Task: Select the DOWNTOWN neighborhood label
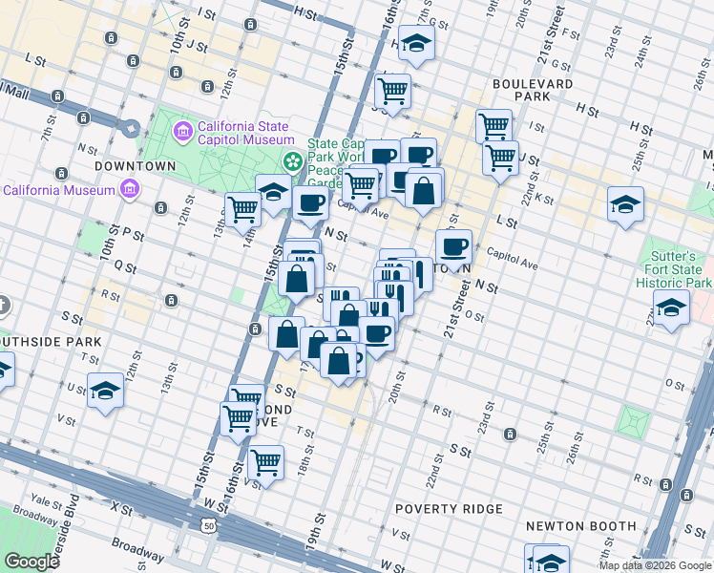[136, 165]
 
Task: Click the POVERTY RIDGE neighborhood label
[448, 508]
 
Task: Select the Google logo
[31, 561]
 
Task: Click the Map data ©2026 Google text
[655, 565]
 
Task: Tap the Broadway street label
[137, 550]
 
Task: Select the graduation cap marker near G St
[416, 43]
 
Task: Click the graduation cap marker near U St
[105, 391]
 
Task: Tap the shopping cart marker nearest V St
[265, 464]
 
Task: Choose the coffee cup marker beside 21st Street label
[454, 247]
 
